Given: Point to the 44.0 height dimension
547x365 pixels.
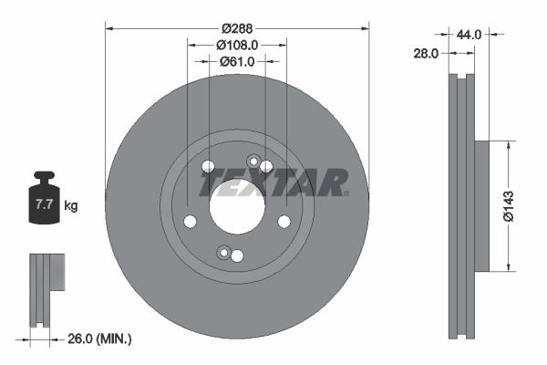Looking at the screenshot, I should pyautogui.click(x=469, y=34).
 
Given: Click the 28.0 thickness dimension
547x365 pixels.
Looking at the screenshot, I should pyautogui.click(x=425, y=54).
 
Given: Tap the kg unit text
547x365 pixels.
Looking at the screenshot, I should pyautogui.click(x=71, y=206).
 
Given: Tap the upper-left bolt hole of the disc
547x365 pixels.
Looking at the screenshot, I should pyautogui.click(x=208, y=167).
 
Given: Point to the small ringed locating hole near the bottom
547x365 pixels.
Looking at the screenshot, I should pyautogui.click(x=222, y=252).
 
